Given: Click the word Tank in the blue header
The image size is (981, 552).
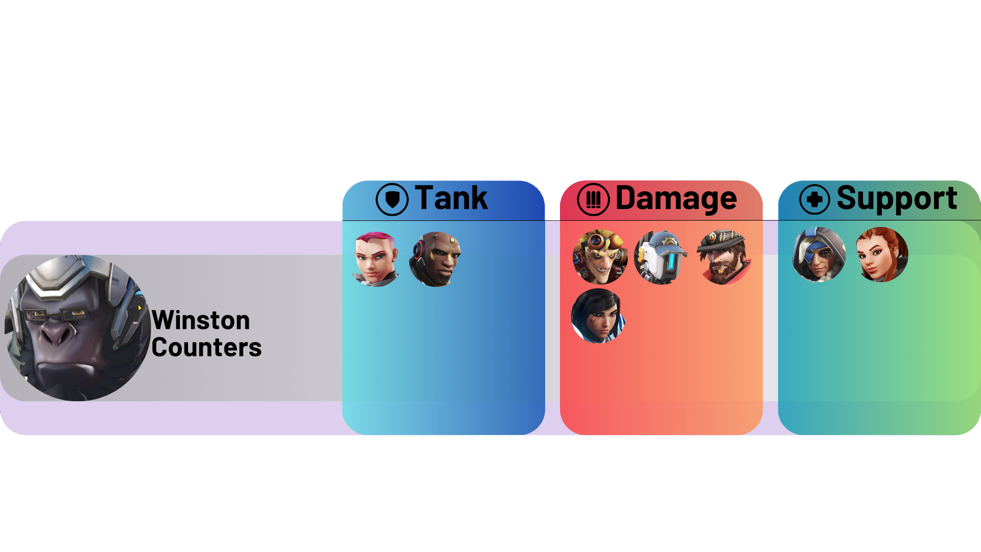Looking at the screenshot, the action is [x=451, y=198].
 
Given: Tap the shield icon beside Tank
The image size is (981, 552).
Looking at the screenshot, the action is [x=392, y=199].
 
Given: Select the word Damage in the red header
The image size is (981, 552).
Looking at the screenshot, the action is [x=676, y=199].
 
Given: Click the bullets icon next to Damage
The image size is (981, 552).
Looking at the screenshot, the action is [x=593, y=199].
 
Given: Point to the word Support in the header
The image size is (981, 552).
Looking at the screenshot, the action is [x=897, y=199].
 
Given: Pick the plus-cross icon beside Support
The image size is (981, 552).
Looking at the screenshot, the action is [x=814, y=199].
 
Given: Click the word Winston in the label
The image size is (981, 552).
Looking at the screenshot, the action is [x=201, y=320].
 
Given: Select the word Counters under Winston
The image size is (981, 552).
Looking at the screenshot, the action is [x=206, y=348].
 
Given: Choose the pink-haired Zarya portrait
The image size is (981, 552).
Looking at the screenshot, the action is [x=376, y=259].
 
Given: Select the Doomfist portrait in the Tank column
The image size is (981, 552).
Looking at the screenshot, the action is [x=435, y=259].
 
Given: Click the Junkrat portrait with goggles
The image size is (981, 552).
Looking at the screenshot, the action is [x=600, y=257].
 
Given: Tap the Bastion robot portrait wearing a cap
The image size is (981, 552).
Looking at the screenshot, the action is [x=661, y=257].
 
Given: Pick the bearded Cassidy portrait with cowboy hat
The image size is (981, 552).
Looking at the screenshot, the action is [x=723, y=257].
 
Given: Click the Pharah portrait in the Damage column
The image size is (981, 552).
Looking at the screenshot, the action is [x=598, y=316].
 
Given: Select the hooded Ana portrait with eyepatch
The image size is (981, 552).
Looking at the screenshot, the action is [x=819, y=255].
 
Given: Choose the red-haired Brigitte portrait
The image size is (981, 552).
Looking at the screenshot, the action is [x=882, y=255].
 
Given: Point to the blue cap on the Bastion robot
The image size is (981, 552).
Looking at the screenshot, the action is [x=667, y=241].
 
